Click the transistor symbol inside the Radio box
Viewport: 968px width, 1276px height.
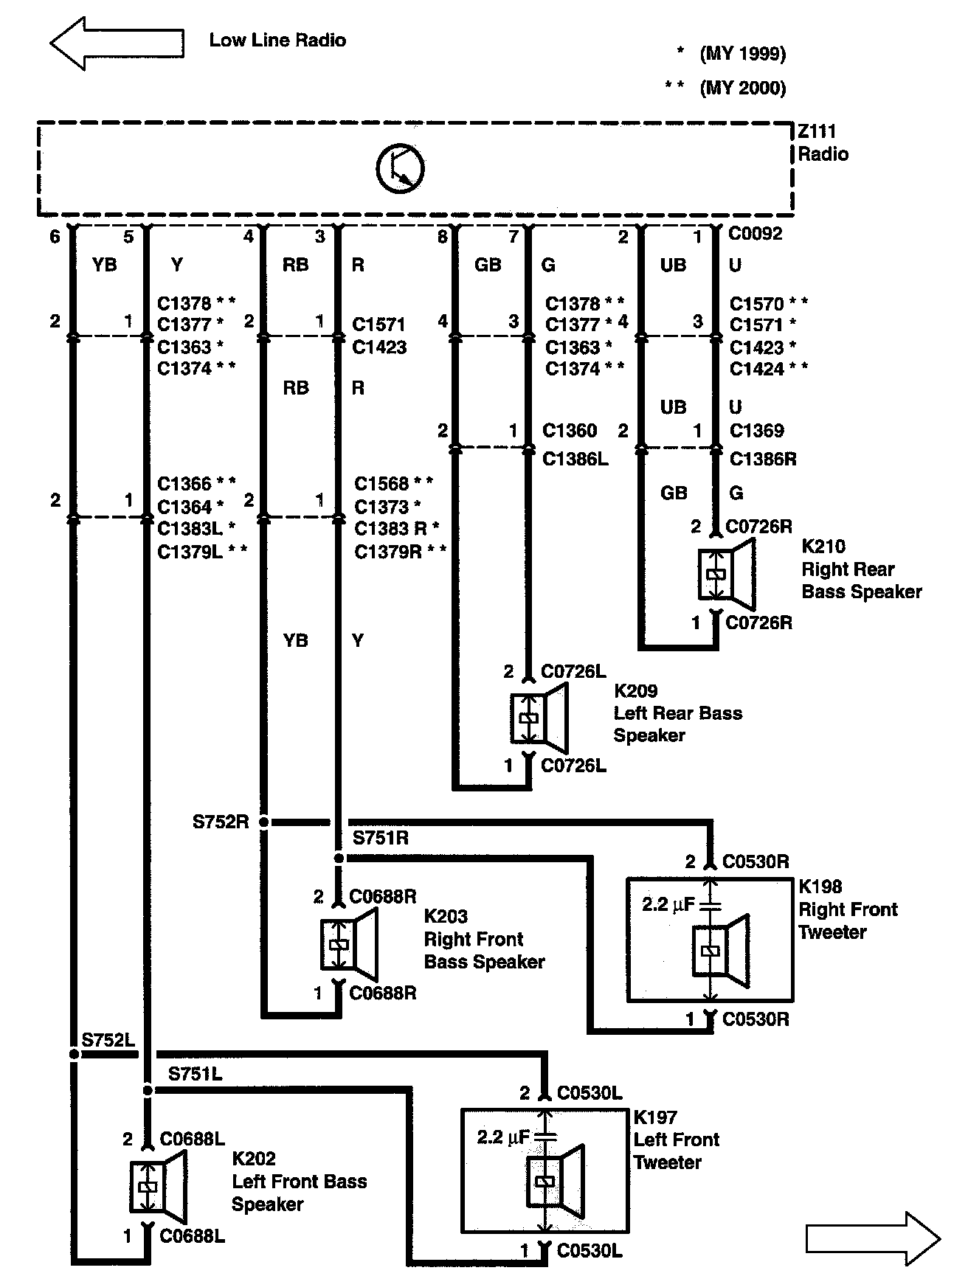400,169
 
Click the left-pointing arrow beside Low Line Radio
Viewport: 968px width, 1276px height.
116,43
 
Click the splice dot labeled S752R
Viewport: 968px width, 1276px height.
264,822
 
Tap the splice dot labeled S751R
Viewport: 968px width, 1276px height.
339,858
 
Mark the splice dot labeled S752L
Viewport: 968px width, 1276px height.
73,1055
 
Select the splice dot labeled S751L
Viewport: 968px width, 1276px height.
148,1090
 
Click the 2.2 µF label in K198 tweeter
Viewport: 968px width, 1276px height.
668,904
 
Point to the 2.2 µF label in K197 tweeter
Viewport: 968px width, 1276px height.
503,1137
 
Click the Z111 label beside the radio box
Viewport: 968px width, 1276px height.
817,132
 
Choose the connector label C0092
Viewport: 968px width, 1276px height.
755,234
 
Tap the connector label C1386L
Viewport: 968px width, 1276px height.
575,459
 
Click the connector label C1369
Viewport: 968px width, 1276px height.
756,430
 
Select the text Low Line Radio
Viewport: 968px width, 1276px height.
277,40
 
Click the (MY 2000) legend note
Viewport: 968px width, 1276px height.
742,88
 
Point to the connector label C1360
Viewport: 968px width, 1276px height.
570,430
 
